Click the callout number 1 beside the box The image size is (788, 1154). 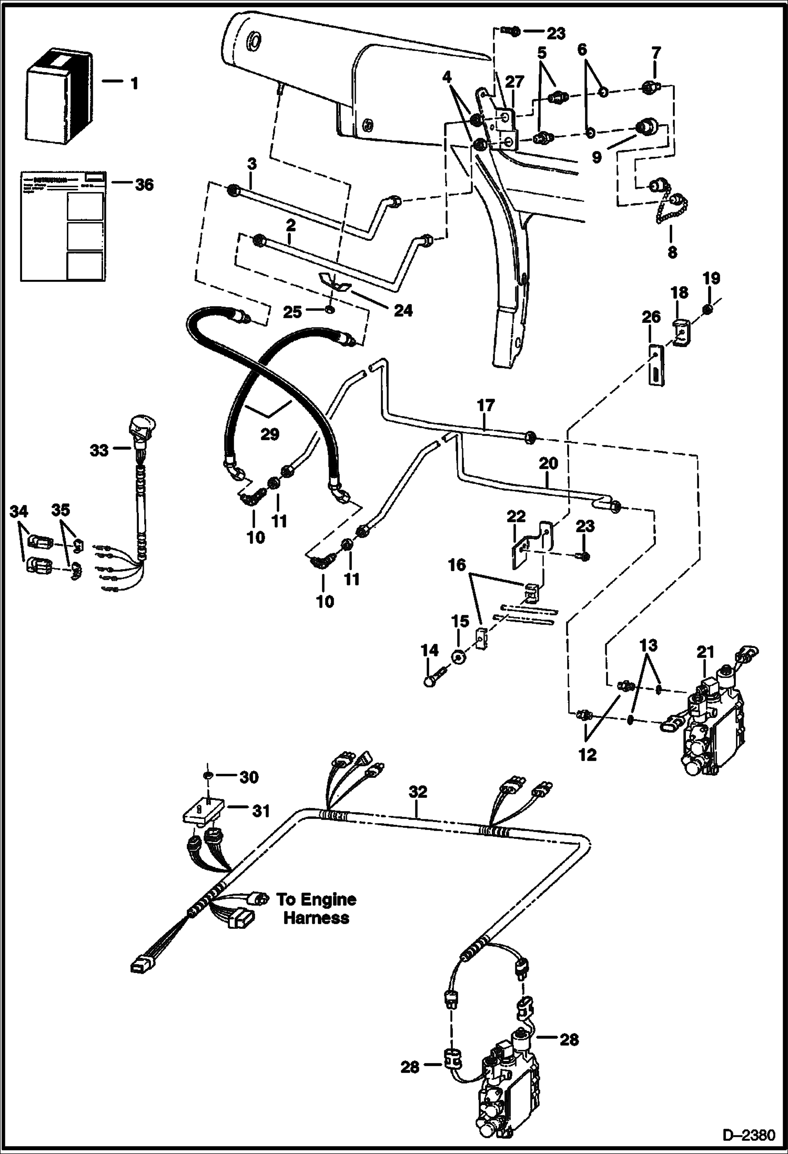(135, 83)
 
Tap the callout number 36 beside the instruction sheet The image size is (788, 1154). (144, 185)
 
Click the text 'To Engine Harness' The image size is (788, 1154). (316, 908)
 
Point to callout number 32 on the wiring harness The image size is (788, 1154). (418, 792)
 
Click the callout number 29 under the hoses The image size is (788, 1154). (270, 434)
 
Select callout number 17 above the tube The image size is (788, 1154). (486, 406)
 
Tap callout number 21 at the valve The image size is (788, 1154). (705, 653)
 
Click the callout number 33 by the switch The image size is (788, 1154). (99, 451)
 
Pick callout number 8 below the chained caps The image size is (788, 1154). (672, 252)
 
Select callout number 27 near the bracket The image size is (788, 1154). (514, 82)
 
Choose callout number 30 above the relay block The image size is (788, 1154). (248, 777)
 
